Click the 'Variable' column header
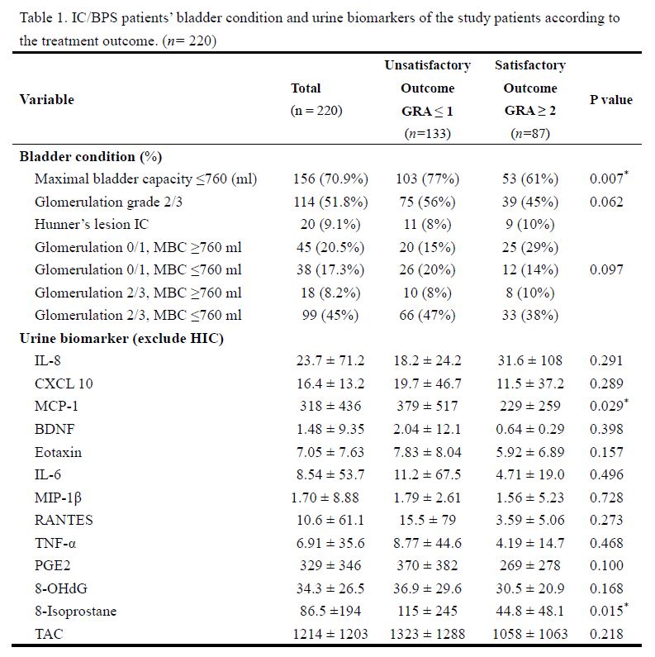(46, 100)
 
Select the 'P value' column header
(610, 100)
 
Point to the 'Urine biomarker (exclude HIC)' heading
(121, 338)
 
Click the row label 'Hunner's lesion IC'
(92, 224)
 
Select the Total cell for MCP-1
(328, 406)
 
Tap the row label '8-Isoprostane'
(75, 612)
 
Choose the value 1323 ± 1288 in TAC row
(427, 634)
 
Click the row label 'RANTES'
(64, 520)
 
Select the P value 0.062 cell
(606, 202)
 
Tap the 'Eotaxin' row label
(58, 452)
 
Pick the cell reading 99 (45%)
(328, 315)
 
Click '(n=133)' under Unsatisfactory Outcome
(427, 133)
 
